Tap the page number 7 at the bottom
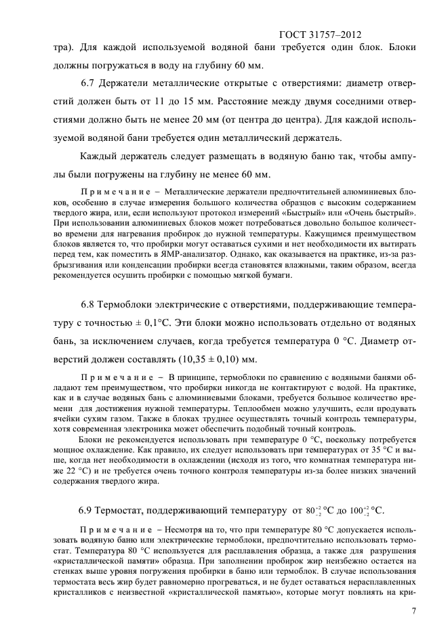click(413, 612)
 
